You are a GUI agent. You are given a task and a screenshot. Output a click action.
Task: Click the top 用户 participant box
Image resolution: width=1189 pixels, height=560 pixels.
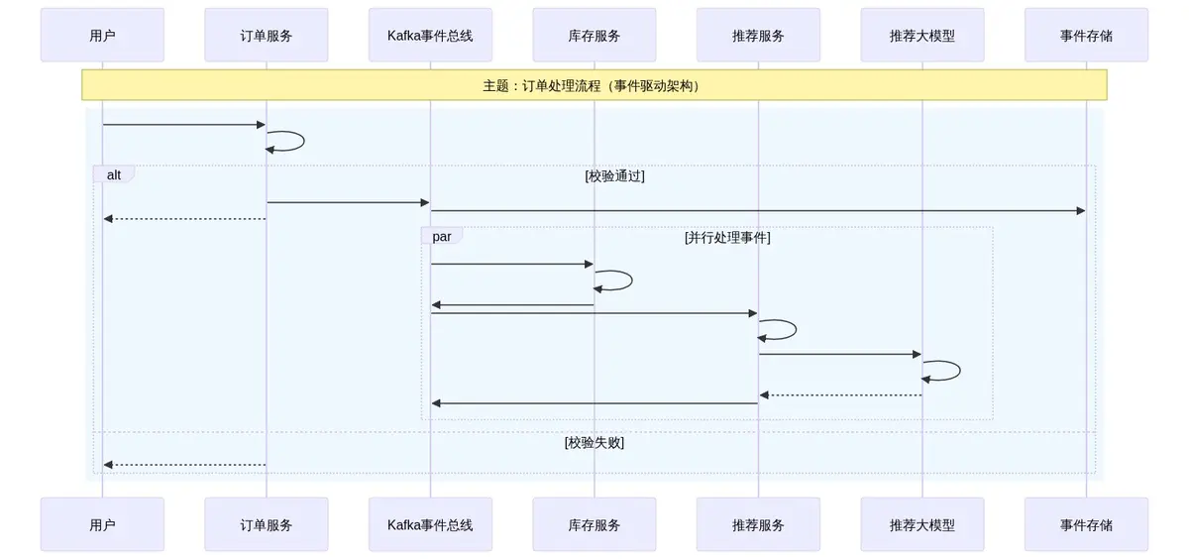102,36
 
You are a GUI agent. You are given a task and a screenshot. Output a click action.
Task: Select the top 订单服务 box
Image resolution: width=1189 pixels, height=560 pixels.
267,36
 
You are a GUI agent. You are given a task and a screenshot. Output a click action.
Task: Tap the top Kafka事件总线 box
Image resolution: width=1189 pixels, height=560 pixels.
430,36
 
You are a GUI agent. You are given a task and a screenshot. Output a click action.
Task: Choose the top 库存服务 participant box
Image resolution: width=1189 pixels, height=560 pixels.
594,36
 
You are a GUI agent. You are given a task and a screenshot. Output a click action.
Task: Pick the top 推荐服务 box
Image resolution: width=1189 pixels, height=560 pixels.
758,36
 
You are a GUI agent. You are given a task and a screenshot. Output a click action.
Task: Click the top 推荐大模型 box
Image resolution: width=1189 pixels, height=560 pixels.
922,36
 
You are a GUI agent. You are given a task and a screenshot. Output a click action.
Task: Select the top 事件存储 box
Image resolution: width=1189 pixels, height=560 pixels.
1086,36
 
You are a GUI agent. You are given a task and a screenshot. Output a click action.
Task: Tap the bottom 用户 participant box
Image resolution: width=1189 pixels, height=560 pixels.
102,524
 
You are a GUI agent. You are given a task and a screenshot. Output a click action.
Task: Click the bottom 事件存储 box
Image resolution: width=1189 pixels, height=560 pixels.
1086,524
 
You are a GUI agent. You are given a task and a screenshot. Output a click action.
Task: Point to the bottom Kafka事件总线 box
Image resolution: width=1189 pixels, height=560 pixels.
430,524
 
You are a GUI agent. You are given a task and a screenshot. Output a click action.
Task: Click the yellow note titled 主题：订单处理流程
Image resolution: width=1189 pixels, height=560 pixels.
594,85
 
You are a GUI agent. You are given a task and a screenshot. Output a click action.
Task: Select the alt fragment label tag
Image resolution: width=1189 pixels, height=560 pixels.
114,174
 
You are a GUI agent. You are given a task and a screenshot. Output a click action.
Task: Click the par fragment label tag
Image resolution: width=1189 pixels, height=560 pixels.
442,236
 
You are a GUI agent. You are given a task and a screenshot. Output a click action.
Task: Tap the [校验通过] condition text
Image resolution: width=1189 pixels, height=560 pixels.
614,176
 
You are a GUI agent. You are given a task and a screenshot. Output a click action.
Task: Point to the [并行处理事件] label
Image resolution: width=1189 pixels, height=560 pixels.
727,238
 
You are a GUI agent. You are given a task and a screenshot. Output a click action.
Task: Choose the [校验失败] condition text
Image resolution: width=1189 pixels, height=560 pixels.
594,442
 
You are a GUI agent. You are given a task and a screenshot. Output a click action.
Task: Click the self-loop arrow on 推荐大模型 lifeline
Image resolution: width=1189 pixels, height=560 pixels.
957,371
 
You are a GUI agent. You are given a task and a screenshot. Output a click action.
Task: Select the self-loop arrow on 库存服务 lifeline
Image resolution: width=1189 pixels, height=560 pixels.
629,280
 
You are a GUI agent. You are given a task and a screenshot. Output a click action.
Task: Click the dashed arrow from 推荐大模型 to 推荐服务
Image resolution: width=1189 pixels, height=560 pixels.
840,395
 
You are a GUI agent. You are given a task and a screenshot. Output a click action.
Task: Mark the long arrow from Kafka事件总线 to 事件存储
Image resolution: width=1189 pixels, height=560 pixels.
758,210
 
